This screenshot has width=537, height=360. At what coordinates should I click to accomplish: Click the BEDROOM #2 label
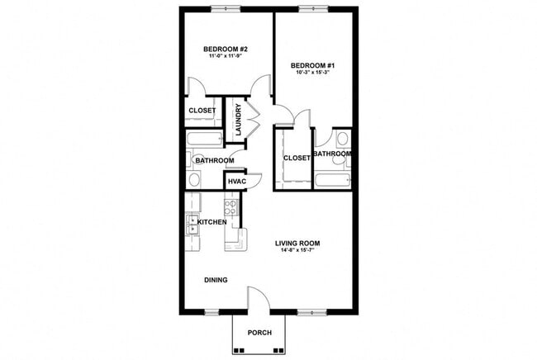coord(226,50)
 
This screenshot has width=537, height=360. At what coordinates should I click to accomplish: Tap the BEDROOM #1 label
coord(311,64)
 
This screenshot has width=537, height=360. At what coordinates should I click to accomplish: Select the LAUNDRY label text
coord(238,120)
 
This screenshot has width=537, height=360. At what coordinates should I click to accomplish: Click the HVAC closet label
coord(237,181)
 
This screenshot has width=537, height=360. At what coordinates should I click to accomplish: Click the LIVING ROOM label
coord(297,243)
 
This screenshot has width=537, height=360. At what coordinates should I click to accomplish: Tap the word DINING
coord(216,280)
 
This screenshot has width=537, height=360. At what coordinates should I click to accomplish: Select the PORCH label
coord(259,333)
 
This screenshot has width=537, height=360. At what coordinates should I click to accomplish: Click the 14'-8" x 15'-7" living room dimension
coord(297,251)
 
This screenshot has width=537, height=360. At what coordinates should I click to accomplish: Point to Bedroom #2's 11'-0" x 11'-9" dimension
coord(226,58)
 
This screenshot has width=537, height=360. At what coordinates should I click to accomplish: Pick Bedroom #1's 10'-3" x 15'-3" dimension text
coord(311,72)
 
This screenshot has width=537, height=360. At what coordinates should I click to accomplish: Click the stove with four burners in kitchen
coord(232,206)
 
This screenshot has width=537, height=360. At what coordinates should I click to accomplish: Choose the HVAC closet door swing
coord(255,178)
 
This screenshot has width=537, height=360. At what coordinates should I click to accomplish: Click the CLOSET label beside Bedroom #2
coord(202,111)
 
